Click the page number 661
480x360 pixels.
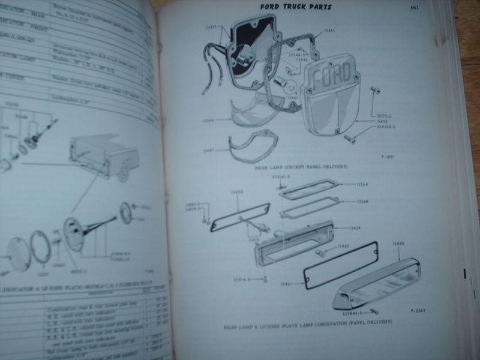(414, 8)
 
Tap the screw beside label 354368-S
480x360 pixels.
(350, 139)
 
